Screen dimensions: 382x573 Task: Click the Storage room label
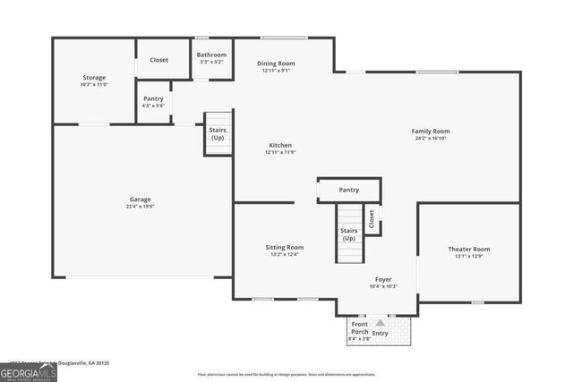coord(94,78)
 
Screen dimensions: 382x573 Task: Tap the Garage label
coord(139,199)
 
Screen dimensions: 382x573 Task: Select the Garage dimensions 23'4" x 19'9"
coord(139,207)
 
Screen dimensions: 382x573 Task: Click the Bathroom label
coord(212,55)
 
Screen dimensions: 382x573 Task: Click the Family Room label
coord(431,131)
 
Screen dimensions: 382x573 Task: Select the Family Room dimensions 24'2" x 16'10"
coord(431,139)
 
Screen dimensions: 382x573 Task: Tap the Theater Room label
coord(469,248)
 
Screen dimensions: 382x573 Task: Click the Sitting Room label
coord(285,247)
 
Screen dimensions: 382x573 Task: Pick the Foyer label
coord(383,279)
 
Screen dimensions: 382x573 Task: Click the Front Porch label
coord(359,327)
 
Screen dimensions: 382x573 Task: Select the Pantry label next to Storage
coord(152,98)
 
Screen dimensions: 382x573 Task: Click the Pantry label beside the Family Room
coord(348,190)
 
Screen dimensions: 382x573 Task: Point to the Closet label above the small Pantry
coord(159,60)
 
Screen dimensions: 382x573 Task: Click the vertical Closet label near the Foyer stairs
coord(372,217)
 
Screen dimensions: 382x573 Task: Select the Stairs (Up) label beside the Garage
coord(218,133)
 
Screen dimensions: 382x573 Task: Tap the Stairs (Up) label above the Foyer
coord(348,234)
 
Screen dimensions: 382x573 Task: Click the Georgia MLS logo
coord(29,372)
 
